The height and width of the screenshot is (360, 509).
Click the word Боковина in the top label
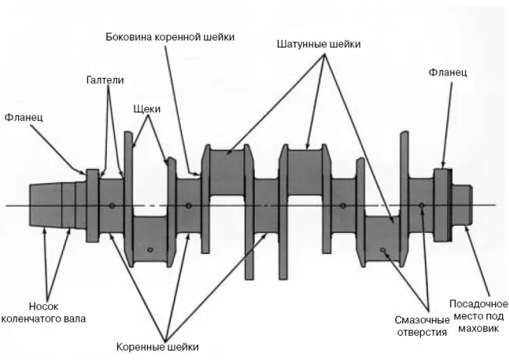point(129,37)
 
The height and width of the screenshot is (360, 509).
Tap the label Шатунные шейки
point(319,44)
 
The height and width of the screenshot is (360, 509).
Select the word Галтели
point(104,80)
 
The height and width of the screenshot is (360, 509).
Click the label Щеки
point(147,109)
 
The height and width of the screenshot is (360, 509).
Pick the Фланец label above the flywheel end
point(447,72)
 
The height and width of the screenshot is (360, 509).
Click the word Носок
point(44,305)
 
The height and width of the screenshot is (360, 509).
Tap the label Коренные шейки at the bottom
point(157,346)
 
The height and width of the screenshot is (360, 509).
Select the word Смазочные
point(422,320)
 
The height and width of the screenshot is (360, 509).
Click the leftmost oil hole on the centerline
point(113,206)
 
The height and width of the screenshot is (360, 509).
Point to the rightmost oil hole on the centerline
point(421,206)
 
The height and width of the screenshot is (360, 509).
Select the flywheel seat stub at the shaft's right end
point(460,206)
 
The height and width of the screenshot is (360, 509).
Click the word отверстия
point(421,333)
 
